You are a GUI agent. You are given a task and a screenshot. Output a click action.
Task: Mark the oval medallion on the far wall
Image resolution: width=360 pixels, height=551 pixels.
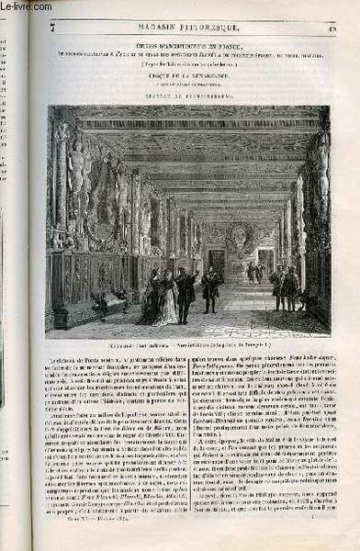click(236, 233)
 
